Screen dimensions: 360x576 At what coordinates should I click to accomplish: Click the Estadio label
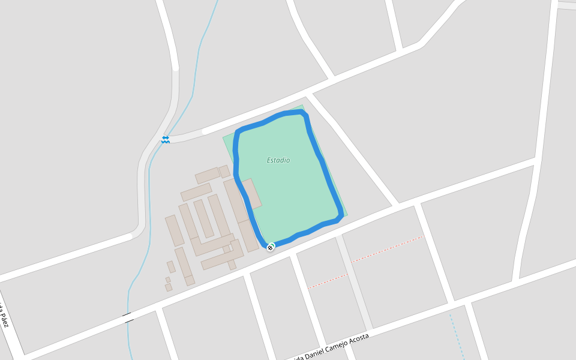coord(278,160)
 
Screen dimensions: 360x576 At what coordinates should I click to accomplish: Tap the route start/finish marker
coord(271,247)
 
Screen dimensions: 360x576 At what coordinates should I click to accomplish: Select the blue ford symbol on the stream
coord(165,139)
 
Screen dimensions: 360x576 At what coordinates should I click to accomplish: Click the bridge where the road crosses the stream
coord(128,318)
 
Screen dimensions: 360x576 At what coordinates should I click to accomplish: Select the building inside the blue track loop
coord(251,193)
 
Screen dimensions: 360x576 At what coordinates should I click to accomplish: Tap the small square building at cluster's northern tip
coord(224,172)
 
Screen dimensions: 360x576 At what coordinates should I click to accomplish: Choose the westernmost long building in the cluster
coord(174,230)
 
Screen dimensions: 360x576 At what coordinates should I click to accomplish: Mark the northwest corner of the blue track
coord(239,131)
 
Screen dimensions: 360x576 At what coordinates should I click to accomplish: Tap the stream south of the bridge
coord(130,342)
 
